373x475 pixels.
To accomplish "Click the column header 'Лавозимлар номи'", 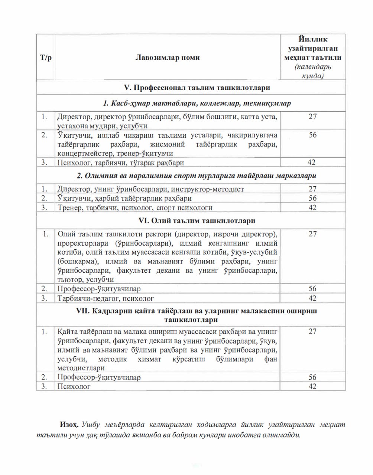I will [168, 58].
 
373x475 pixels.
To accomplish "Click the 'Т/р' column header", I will [46, 58].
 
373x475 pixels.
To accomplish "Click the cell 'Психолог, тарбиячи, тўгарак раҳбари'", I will [121, 163].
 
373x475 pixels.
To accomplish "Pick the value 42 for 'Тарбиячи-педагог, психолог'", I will [312, 298].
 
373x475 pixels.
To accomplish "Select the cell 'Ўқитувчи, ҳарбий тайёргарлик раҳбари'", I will [125, 198].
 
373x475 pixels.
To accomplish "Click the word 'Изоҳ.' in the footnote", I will [69, 424].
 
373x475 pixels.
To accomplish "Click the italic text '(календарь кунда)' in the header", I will [312, 71].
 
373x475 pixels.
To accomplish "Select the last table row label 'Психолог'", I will [74, 386].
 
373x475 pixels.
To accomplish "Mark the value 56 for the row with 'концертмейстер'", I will [312, 135].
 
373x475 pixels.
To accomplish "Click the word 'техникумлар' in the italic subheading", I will [270, 103].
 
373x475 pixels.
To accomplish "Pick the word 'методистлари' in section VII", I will [81, 368].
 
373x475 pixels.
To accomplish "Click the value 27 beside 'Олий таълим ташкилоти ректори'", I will [312, 233].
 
